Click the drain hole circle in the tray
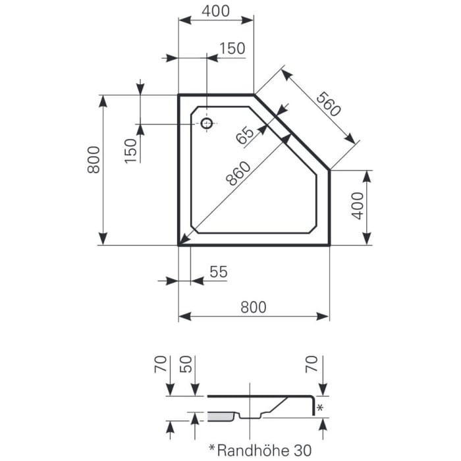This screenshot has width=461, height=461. (207, 123)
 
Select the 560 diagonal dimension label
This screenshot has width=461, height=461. (328, 104)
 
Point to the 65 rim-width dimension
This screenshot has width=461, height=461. (245, 135)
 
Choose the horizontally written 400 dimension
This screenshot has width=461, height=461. (216, 11)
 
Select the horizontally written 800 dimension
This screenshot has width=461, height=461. (253, 307)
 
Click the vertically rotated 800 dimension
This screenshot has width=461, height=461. (94, 159)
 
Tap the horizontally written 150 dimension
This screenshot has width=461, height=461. (232, 48)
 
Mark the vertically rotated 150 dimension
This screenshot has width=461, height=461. (131, 150)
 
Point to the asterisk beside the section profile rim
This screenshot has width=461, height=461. (321, 408)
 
